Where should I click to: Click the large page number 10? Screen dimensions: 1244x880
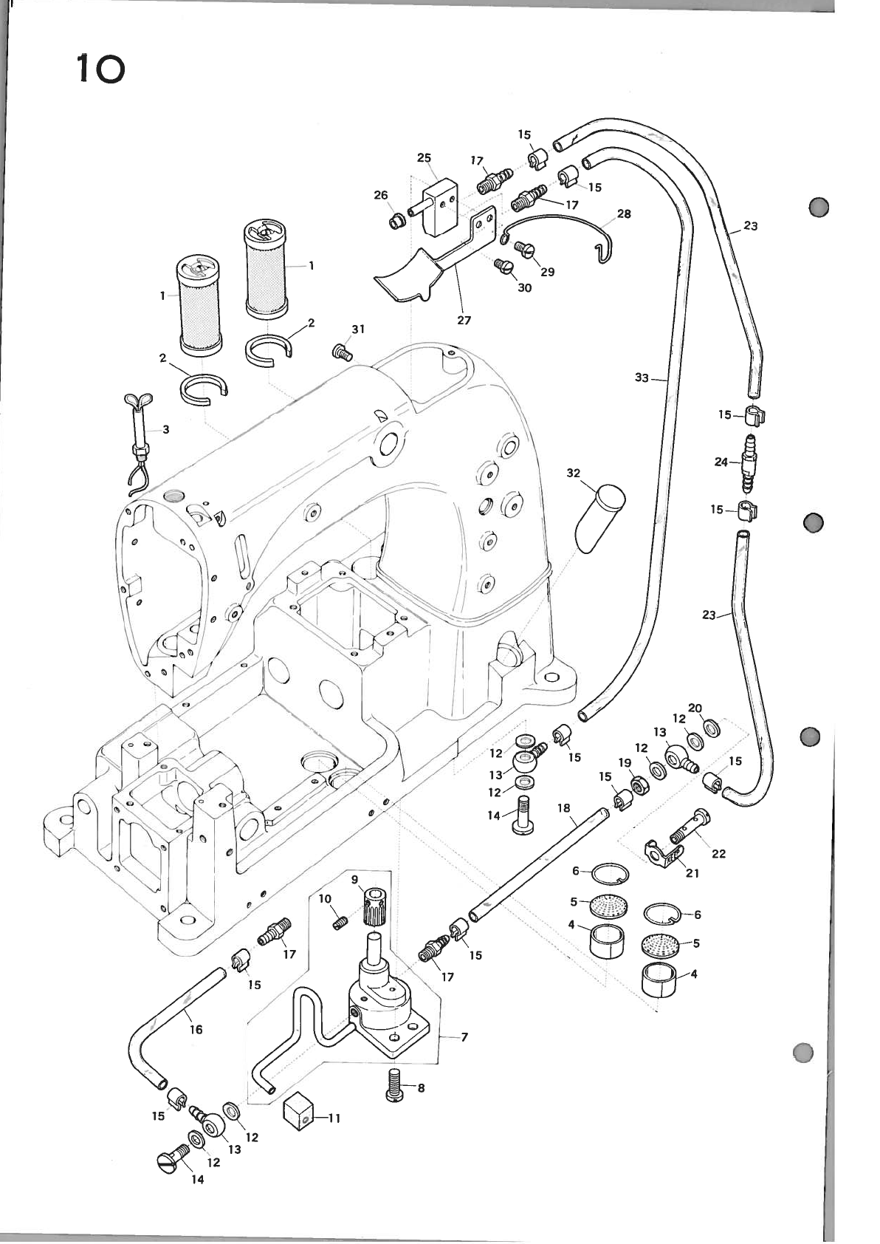click(x=100, y=70)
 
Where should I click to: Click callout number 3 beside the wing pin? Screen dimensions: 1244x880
click(x=166, y=429)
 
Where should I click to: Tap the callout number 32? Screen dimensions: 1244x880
click(x=574, y=473)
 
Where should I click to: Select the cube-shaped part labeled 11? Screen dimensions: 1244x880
click(x=298, y=1112)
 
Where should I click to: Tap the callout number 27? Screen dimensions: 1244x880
click(x=464, y=321)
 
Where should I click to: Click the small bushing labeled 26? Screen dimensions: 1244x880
click(x=399, y=220)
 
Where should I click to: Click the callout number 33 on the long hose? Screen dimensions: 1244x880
click(x=642, y=378)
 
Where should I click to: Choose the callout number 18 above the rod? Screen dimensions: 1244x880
click(x=564, y=808)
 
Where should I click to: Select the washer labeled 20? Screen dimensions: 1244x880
click(x=713, y=728)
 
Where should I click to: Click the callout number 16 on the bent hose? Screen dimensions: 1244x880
click(x=196, y=1029)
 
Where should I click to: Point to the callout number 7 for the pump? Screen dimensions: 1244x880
click(x=464, y=1037)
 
